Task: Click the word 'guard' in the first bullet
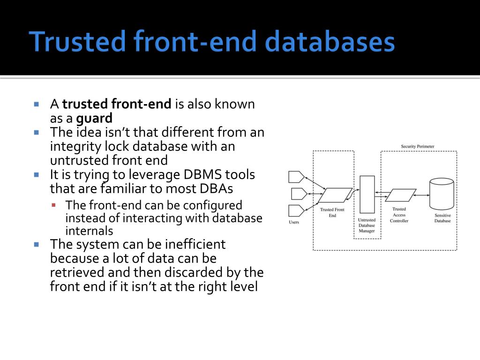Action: click(94, 118)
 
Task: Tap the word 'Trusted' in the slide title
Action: click(78, 42)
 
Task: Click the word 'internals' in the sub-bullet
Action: click(89, 231)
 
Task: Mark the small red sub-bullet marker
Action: click(54, 205)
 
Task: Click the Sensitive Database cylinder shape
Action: click(442, 195)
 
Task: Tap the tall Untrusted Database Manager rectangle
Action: click(367, 194)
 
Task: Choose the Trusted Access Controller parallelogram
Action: click(400, 195)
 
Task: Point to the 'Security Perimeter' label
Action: click(417, 146)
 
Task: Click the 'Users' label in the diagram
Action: click(293, 222)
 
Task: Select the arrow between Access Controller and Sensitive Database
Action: click(422, 195)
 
